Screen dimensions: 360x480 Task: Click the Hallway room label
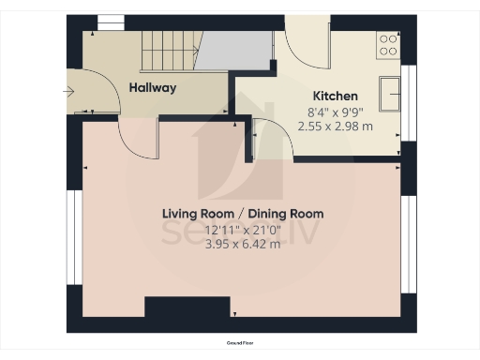[x=152, y=88]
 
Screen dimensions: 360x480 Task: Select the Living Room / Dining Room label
[x=242, y=214]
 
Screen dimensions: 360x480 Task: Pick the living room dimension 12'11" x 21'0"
[x=242, y=230]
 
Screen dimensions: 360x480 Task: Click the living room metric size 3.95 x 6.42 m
[x=242, y=246]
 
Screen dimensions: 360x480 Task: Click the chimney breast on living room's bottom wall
[x=187, y=308]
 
